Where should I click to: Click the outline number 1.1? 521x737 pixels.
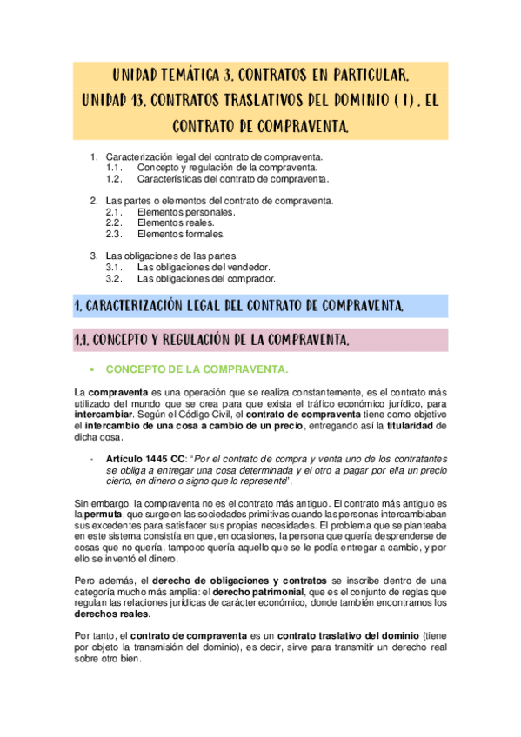(x=114, y=167)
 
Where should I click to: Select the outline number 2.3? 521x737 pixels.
(x=114, y=234)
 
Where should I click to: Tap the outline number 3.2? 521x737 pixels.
(x=114, y=279)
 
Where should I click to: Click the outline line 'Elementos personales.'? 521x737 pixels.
(x=186, y=212)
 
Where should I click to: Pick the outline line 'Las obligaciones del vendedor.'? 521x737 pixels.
(x=204, y=268)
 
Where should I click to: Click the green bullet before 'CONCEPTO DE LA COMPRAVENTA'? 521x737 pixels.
(x=92, y=370)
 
